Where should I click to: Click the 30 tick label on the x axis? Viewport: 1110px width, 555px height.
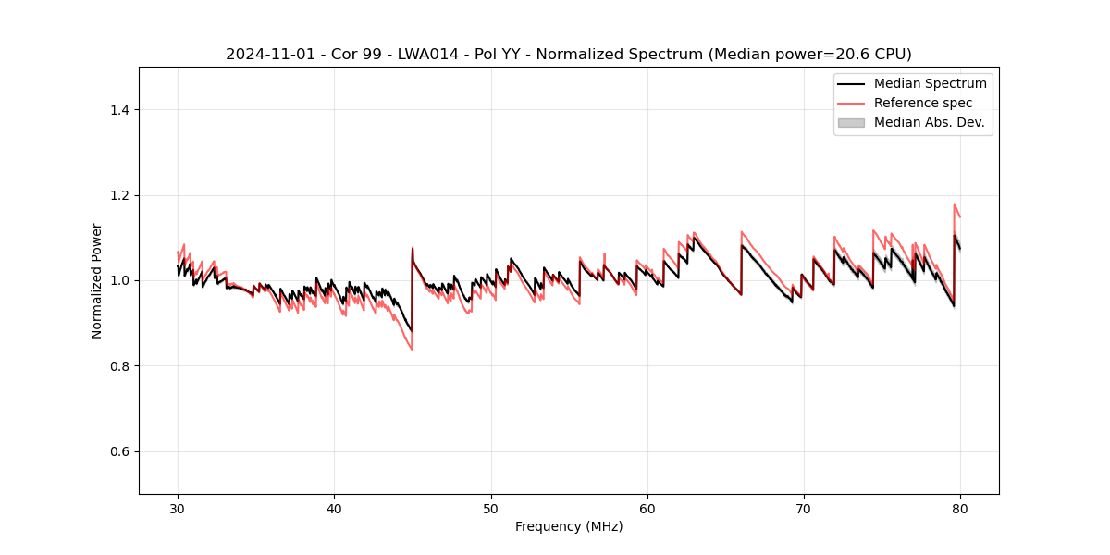point(178,509)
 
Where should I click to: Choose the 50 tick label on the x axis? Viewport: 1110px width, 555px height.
point(491,509)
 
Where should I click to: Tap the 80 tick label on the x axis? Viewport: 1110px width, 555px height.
point(960,509)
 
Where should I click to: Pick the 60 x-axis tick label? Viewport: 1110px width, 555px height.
point(647,509)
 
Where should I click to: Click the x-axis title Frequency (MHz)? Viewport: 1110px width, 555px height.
point(569,526)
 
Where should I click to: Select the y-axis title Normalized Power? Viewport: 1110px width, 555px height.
point(97,280)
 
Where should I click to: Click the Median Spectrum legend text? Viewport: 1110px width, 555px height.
point(930,83)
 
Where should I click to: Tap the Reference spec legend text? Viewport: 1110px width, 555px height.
point(923,103)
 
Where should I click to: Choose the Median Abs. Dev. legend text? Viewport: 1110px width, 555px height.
point(929,122)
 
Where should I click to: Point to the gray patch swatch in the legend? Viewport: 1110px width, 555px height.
point(851,122)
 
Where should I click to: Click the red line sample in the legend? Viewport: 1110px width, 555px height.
point(851,103)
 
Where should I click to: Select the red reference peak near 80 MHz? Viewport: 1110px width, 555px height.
point(955,205)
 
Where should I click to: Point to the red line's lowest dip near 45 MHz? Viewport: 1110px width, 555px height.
point(411,349)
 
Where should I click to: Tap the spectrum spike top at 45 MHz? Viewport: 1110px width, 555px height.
point(413,248)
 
